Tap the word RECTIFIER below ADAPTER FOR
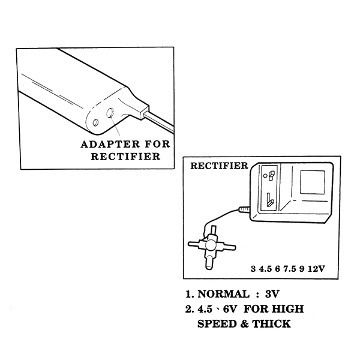click(x=125, y=157)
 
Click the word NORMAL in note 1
click(x=222, y=295)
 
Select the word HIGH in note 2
click(x=286, y=310)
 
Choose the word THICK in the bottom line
click(x=272, y=324)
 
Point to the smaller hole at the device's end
click(x=95, y=123)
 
